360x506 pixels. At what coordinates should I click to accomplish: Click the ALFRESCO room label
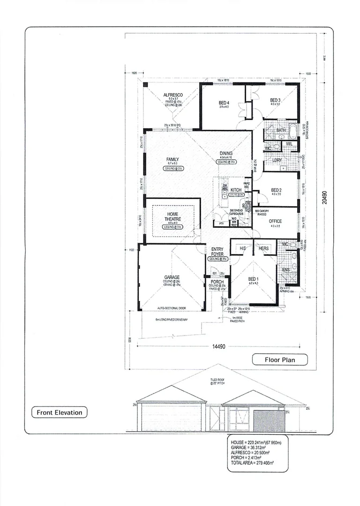pyautogui.click(x=172, y=95)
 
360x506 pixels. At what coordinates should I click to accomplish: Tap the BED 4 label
pyautogui.click(x=224, y=103)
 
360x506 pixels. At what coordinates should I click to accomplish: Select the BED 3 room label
pyautogui.click(x=275, y=100)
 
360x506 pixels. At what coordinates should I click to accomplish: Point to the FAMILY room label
pyautogui.click(x=172, y=159)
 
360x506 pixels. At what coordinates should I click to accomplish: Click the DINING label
pyautogui.click(x=226, y=153)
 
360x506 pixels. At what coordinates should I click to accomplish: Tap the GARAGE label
pyautogui.click(x=172, y=277)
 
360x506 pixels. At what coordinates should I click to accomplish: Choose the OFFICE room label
pyautogui.click(x=275, y=221)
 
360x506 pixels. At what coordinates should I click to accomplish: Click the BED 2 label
pyautogui.click(x=276, y=190)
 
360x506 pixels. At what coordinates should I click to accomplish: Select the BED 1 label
pyautogui.click(x=254, y=278)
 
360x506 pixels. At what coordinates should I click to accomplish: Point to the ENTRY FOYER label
pyautogui.click(x=217, y=252)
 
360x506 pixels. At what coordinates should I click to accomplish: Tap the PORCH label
pyautogui.click(x=217, y=282)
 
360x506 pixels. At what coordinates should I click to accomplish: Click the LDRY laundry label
pyautogui.click(x=277, y=160)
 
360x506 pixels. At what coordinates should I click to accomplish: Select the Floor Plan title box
pyautogui.click(x=280, y=360)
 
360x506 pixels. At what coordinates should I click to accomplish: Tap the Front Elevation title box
pyautogui.click(x=60, y=413)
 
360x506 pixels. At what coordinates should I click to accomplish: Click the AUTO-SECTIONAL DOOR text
pyautogui.click(x=172, y=308)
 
